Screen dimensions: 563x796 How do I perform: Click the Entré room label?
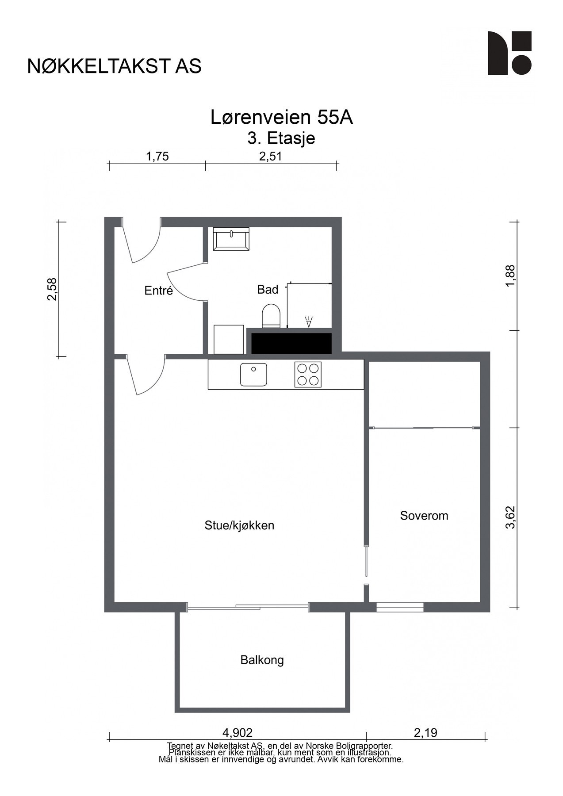[158, 291]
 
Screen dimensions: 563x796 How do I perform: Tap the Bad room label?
[268, 290]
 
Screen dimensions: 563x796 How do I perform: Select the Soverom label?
[424, 516]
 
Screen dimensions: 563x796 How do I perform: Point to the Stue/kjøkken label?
[239, 525]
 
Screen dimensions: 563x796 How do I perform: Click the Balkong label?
[262, 660]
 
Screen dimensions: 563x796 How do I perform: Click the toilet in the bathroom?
[271, 316]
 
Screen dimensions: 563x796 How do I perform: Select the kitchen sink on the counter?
[253, 375]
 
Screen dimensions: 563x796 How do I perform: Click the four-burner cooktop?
[308, 375]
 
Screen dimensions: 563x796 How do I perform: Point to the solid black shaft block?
[291, 344]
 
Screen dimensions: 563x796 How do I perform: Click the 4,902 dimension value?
[237, 733]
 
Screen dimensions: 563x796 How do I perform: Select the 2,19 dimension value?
[425, 733]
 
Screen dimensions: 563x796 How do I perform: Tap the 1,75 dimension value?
[157, 157]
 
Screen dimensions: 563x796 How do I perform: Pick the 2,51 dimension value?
[270, 157]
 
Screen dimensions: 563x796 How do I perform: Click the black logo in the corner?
[509, 53]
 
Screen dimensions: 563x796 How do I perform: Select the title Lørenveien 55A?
[281, 118]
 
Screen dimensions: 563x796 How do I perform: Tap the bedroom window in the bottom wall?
[400, 607]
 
